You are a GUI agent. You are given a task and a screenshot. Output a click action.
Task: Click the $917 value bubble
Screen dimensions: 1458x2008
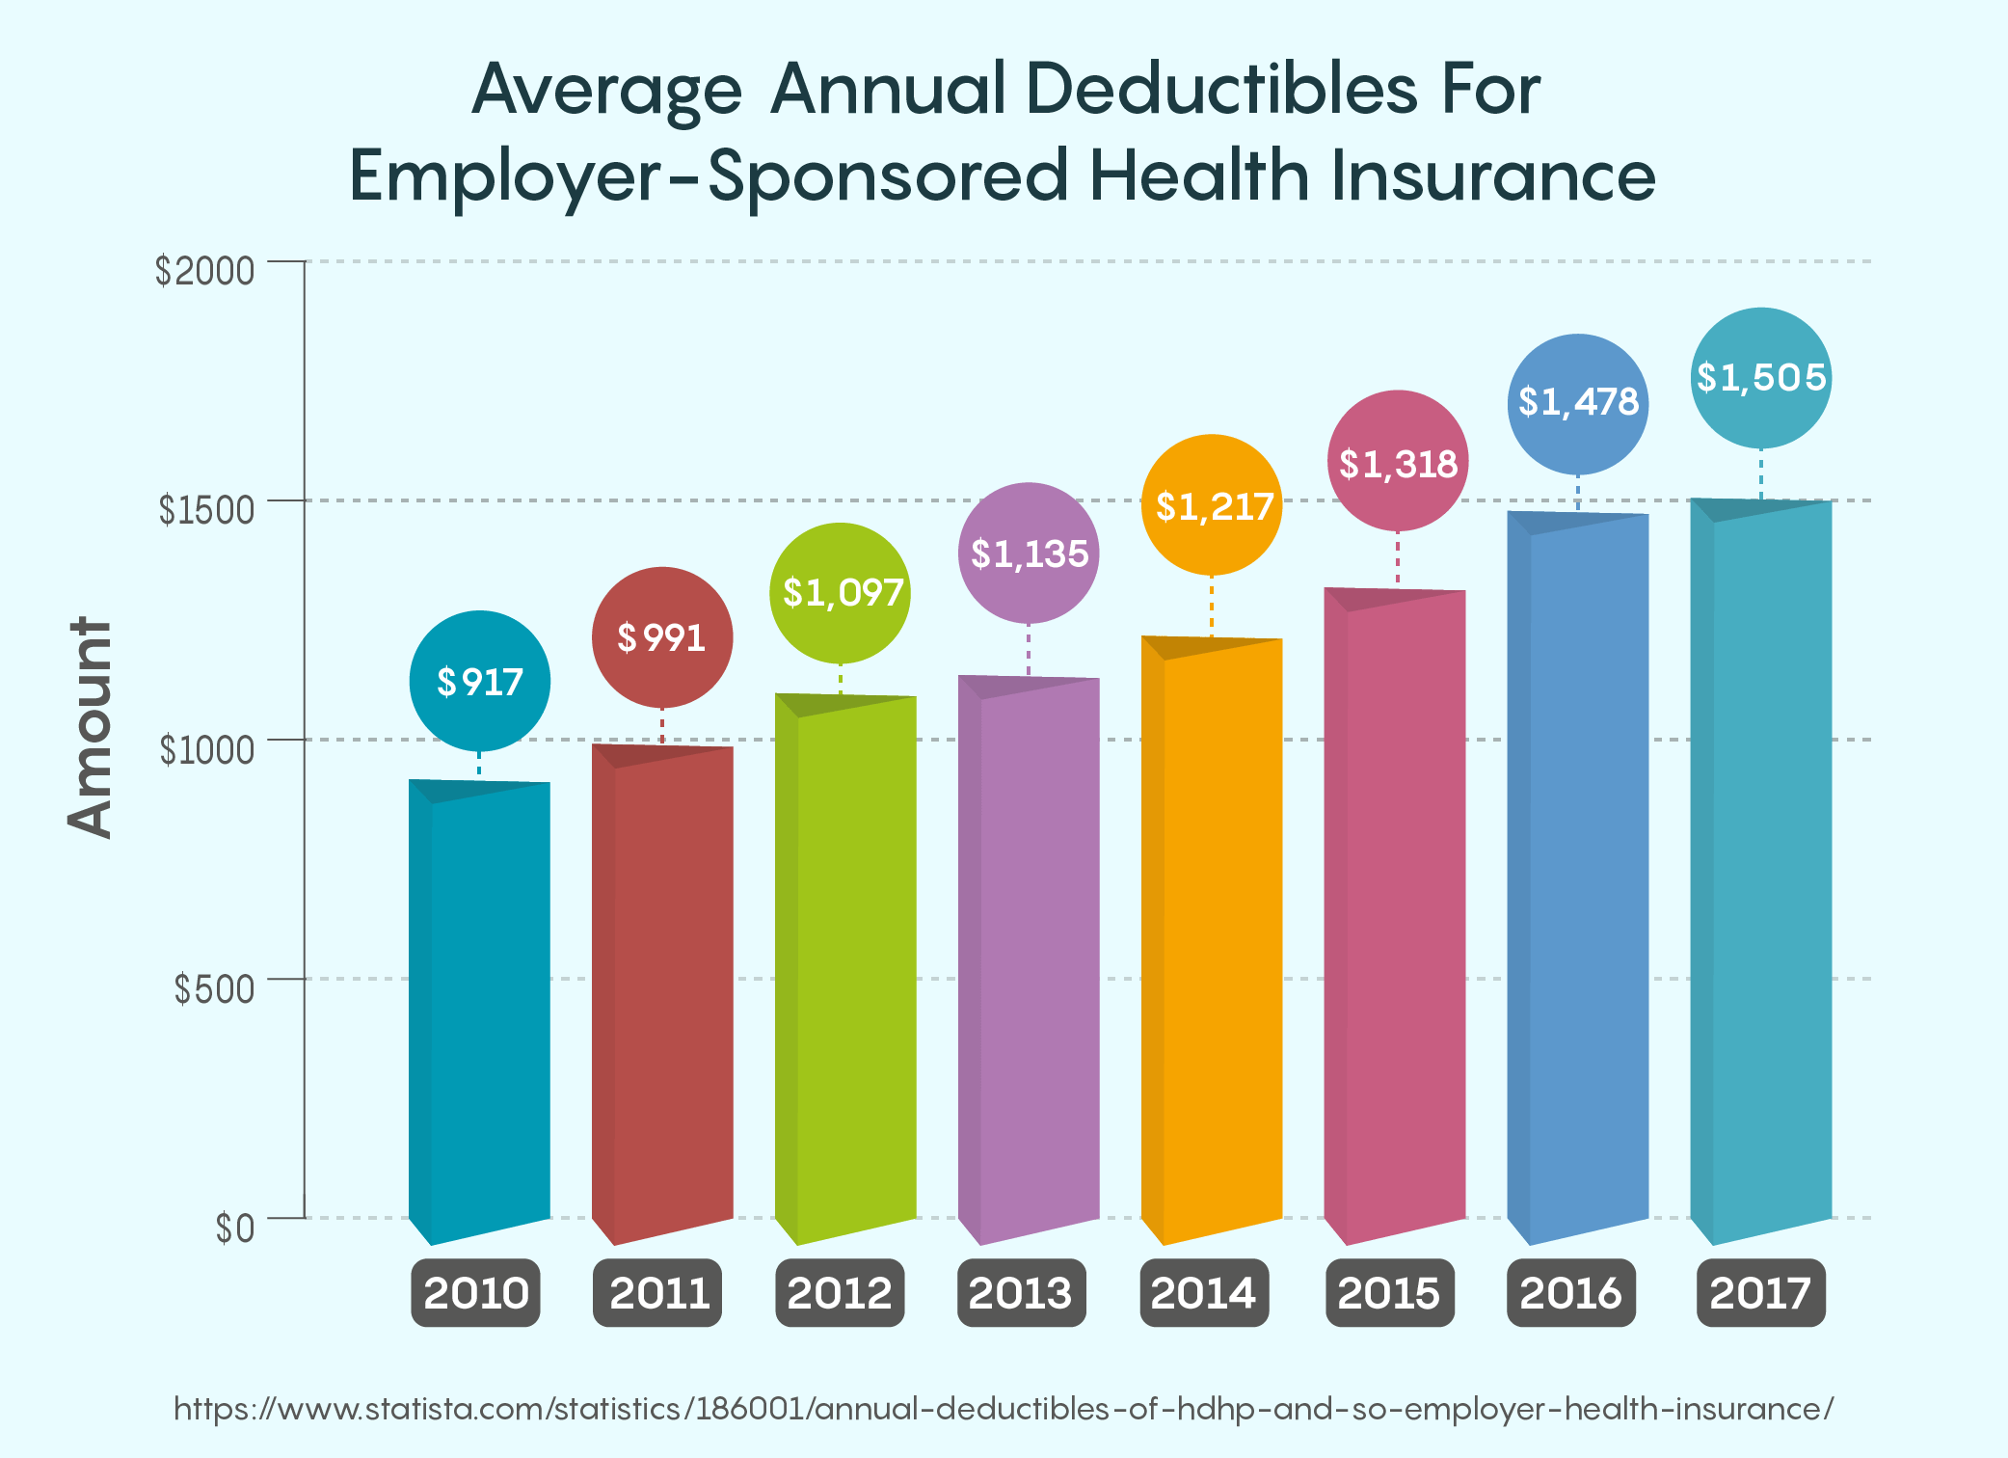pos(479,682)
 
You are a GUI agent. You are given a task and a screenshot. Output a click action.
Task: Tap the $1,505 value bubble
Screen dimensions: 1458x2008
pos(1761,378)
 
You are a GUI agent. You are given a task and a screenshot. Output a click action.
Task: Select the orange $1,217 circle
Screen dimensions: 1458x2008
pos(1212,505)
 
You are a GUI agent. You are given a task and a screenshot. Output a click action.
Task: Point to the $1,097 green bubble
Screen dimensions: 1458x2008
pos(841,593)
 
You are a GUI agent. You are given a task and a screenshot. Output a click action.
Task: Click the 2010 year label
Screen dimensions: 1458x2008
pos(476,1292)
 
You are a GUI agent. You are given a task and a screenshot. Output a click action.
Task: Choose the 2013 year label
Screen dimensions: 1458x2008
pos(1021,1292)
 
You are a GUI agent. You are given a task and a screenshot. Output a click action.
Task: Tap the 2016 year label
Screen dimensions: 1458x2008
pos(1571,1292)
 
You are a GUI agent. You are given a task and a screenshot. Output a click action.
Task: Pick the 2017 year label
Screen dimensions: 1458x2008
pos(1760,1292)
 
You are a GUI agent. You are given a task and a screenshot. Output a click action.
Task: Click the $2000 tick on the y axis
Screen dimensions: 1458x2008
pos(205,271)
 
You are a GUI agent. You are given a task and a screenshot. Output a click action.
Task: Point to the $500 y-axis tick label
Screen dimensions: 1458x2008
pos(214,988)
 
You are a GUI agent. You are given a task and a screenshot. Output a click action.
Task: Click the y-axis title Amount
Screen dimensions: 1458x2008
pos(90,728)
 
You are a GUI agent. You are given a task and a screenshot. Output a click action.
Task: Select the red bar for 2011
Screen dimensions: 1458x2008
pos(663,993)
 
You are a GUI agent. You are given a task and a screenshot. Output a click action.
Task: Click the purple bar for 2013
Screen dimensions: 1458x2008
pos(1030,955)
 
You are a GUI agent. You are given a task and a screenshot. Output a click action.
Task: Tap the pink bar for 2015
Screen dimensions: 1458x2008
pos(1396,916)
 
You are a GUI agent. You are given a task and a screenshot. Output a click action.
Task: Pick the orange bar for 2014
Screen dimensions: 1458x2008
pos(1213,935)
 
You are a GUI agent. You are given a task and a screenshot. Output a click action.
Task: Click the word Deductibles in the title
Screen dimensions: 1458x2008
pos(1221,90)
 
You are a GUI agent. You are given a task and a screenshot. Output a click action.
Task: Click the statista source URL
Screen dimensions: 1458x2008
pos(1004,1409)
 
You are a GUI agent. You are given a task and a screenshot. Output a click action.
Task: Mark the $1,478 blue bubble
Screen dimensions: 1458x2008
pos(1578,403)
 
